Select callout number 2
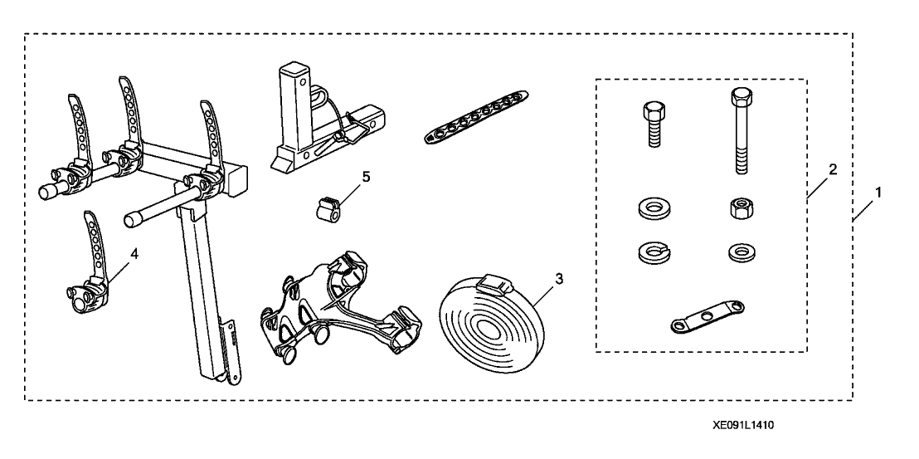point(833,170)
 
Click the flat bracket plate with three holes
point(697,320)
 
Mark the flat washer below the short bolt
point(650,208)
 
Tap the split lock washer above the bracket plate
point(650,250)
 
